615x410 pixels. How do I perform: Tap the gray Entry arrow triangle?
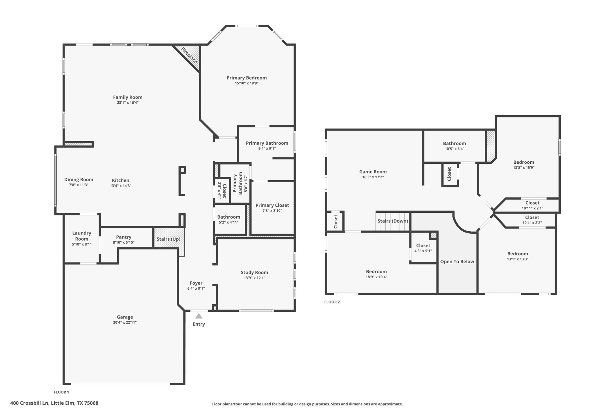click(199, 316)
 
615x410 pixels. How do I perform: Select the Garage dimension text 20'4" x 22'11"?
click(125, 322)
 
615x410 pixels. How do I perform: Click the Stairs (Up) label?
click(168, 239)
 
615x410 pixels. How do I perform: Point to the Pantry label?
click(124, 237)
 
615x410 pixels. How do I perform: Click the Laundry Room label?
click(82, 236)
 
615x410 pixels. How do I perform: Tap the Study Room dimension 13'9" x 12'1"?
click(254, 278)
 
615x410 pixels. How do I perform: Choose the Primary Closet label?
click(272, 205)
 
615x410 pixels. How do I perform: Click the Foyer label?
click(196, 283)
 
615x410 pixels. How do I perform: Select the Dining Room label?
click(79, 180)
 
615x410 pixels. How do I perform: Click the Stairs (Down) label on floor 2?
click(393, 221)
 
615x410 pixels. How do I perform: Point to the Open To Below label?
click(457, 262)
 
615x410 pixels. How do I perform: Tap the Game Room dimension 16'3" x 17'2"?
click(373, 177)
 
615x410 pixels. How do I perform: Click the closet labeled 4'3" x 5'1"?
click(423, 248)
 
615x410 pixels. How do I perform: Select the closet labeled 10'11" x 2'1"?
click(532, 206)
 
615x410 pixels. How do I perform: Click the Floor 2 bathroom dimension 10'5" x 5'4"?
click(454, 149)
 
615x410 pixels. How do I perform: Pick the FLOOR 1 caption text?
click(61, 392)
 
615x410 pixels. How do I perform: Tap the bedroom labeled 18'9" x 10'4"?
click(376, 274)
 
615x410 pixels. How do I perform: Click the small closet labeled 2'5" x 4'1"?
click(222, 191)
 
